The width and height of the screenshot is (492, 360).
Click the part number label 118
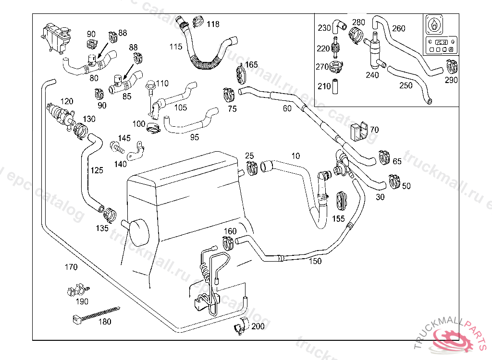click(x=213, y=24)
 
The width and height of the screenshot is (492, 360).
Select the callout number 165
click(x=251, y=64)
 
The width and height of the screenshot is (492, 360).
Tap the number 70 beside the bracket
click(x=374, y=130)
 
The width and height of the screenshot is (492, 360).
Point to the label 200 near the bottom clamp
click(x=258, y=326)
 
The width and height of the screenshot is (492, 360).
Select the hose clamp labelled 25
click(x=251, y=168)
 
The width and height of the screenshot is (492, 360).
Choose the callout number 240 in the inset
click(x=372, y=75)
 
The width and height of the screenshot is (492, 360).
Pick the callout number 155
click(x=339, y=218)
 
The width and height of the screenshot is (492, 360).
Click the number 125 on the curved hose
click(x=97, y=170)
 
